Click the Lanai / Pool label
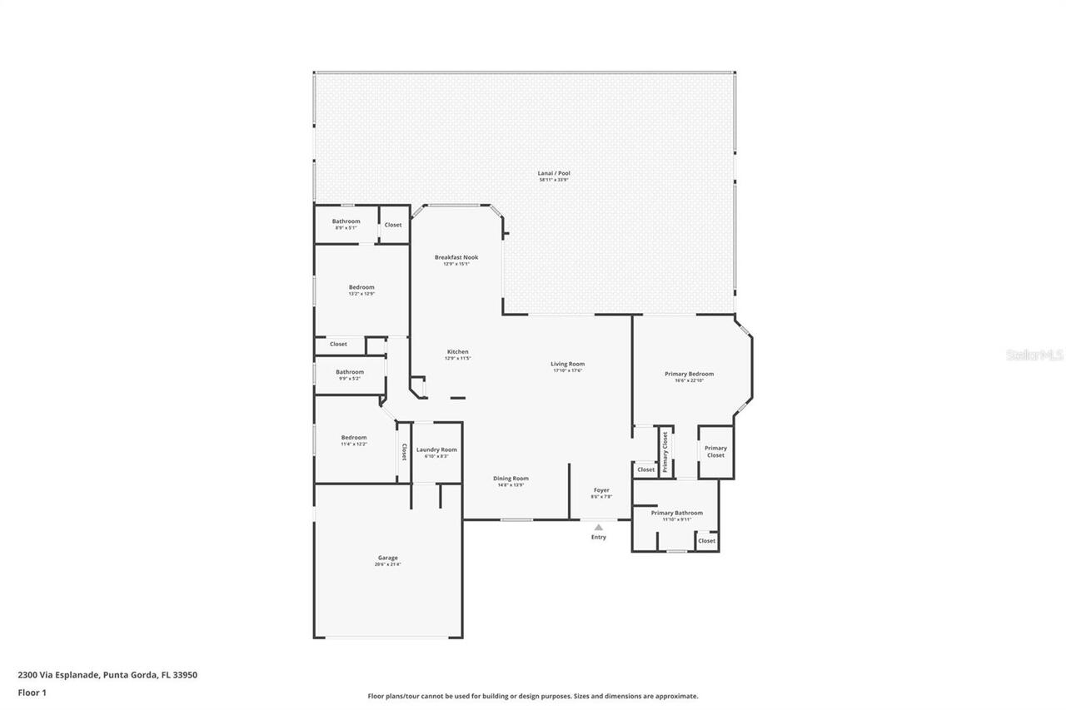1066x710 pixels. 554,174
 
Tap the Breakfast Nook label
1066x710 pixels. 456,258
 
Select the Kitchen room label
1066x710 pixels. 457,352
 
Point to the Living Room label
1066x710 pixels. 568,365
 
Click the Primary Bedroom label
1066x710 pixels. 689,375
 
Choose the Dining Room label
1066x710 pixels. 511,479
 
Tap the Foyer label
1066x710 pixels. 601,490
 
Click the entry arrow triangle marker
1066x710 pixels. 598,527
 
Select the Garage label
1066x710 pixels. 387,559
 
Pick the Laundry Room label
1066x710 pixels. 436,450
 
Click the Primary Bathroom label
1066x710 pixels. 676,514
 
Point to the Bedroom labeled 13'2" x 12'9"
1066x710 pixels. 361,288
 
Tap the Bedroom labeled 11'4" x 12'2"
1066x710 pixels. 353,438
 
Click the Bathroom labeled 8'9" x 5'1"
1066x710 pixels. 346,222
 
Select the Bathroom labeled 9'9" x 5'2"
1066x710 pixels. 350,373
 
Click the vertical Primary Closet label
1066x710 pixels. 665,452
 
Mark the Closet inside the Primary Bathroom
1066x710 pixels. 706,541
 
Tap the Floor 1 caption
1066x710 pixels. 32,692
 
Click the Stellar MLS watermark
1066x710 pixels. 1034,355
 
